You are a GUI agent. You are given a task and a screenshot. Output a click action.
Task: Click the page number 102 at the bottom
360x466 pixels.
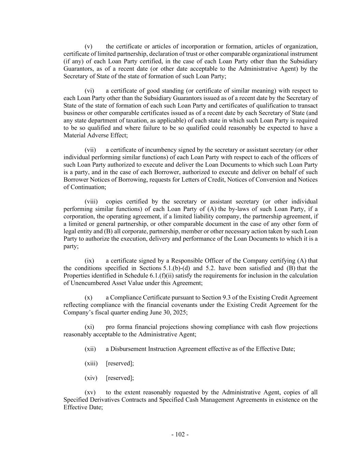point(180,434)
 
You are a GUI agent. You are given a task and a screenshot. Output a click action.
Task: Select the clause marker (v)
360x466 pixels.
point(88,46)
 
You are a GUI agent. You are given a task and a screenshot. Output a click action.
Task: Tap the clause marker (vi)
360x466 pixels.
point(89,91)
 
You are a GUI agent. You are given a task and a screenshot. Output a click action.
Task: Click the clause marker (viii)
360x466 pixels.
point(91,201)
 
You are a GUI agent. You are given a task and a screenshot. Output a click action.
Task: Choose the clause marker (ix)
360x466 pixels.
point(89,260)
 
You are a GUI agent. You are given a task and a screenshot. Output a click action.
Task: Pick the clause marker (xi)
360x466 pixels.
point(89,327)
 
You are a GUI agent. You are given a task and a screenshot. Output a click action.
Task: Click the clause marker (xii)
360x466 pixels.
point(90,349)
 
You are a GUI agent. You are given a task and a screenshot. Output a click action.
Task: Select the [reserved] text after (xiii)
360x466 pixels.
point(120,363)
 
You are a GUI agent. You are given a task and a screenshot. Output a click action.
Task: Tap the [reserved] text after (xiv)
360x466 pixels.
point(120,378)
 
